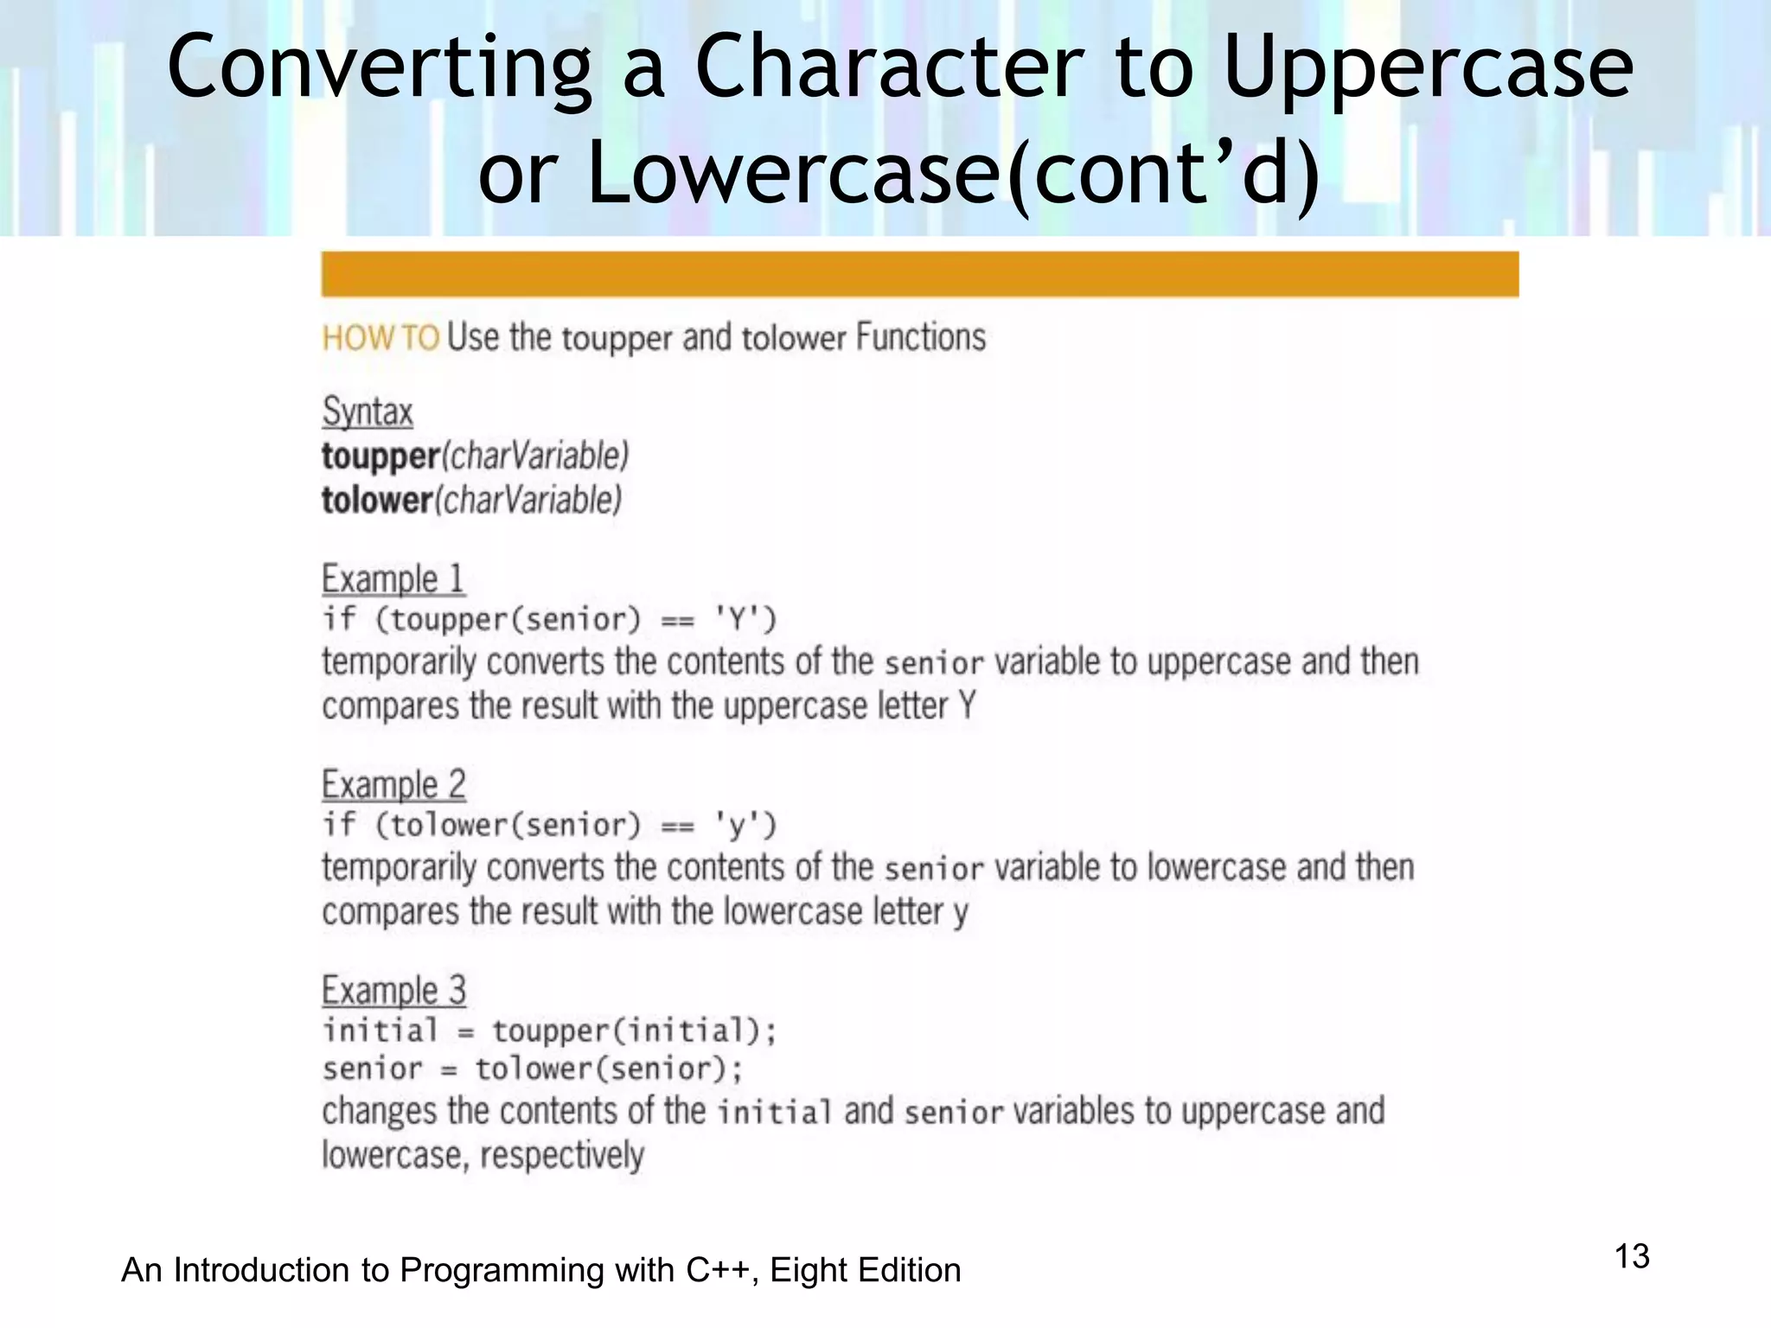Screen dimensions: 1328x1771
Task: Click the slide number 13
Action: [1632, 1256]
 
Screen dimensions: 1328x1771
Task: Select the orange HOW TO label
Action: [380, 338]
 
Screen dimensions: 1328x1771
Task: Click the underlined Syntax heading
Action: [368, 412]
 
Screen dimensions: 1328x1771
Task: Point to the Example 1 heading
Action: [393, 579]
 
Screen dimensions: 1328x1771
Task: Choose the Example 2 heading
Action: [393, 785]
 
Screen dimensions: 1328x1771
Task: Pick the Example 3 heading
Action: [393, 991]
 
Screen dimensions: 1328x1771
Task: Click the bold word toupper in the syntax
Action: [380, 456]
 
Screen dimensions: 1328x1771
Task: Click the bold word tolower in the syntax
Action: [377, 501]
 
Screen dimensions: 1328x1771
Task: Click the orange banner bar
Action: [919, 274]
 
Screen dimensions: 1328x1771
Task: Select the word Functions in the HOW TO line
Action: [921, 337]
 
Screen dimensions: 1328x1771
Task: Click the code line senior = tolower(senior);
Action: [533, 1069]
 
